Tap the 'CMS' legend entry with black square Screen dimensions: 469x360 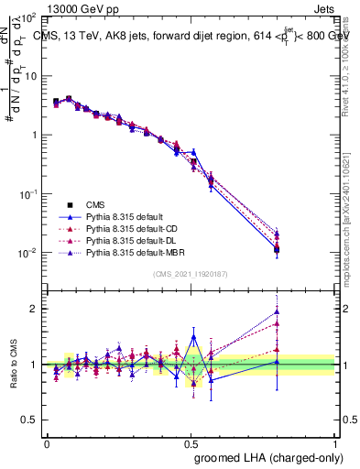pos(96,204)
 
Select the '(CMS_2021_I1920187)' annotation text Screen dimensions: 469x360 pos(191,275)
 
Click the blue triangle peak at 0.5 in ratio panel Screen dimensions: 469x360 pos(192,337)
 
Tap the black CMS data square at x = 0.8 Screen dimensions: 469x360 pos(277,249)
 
